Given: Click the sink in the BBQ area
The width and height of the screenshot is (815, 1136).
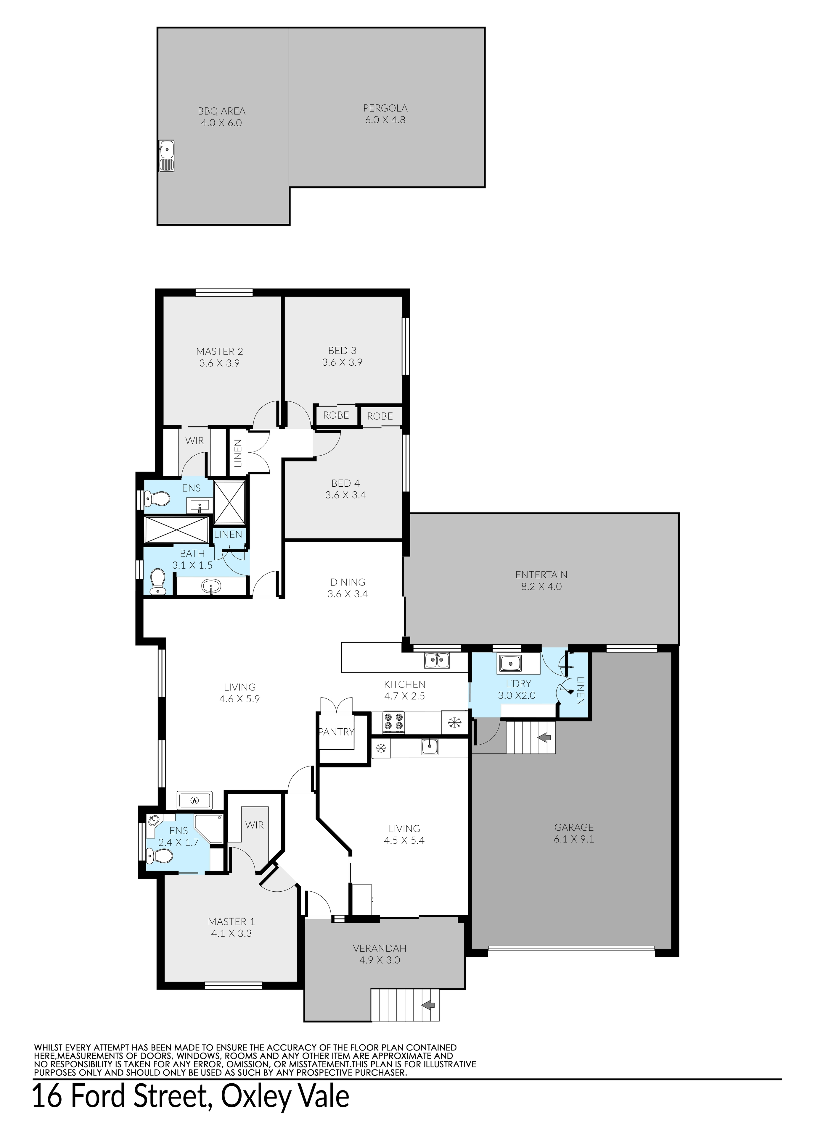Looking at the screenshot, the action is [166, 156].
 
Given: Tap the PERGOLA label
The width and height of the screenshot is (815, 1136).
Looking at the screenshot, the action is [385, 108].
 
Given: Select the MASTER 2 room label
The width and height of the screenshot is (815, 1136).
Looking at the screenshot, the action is [220, 351].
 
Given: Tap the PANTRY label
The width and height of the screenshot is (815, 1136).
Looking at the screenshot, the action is [336, 732].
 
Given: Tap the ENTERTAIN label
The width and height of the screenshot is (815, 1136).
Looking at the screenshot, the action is [541, 575].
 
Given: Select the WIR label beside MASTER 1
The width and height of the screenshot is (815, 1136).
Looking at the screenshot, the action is [255, 824].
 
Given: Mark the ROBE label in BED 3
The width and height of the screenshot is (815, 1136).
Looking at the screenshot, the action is [336, 415].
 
